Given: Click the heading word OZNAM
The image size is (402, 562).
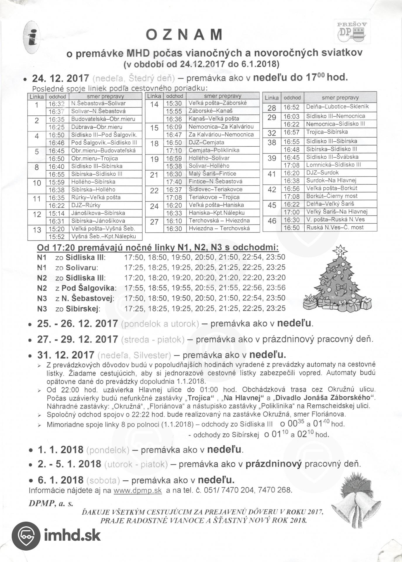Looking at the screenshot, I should pos(184,35).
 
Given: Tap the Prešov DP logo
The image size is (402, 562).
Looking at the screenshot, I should pos(352,32).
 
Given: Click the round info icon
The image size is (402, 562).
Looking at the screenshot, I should pos(32,37).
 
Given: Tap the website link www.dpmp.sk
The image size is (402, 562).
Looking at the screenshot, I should pos(137,490).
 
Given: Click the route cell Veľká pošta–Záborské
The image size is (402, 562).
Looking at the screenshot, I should pos(218,103).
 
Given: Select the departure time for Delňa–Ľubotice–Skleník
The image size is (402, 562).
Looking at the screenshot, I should pos(291,107).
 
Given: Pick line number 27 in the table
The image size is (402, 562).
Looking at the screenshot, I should pos(154,222).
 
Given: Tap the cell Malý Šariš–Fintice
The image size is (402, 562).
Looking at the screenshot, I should pos(212,174).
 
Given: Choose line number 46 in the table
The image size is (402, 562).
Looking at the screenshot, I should pos(272,221).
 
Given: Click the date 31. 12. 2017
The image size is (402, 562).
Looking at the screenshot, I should pos(65,355).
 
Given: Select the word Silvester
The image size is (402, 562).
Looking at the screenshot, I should pos(152,355).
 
